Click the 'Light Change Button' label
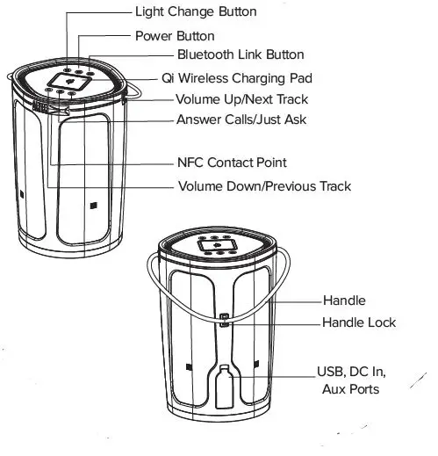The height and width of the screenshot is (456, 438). (x=196, y=11)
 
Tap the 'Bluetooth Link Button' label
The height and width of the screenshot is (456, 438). (x=228, y=55)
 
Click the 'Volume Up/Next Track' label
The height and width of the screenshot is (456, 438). (x=241, y=99)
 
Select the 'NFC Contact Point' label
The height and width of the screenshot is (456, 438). (x=232, y=163)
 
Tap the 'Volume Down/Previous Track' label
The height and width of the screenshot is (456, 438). (x=264, y=186)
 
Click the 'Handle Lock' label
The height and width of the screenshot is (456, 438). (x=359, y=322)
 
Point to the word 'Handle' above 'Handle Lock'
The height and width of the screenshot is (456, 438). (x=344, y=300)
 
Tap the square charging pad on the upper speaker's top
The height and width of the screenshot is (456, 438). (x=67, y=81)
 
